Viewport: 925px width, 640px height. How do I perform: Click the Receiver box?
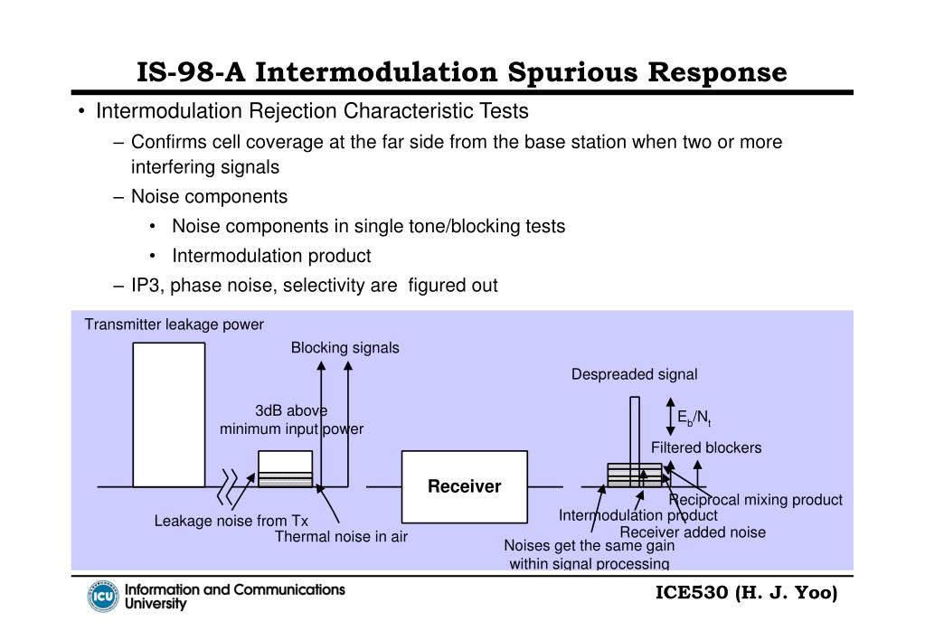coord(464,487)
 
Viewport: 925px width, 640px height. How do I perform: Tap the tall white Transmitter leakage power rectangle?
coord(168,416)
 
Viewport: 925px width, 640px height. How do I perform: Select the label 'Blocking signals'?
coord(345,348)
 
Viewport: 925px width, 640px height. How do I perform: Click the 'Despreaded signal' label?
coord(634,374)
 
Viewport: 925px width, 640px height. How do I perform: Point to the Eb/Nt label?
coord(694,418)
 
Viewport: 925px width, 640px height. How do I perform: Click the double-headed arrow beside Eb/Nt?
coord(669,417)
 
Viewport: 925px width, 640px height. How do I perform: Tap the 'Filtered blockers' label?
coord(706,447)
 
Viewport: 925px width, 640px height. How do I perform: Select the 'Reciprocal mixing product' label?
coord(755,500)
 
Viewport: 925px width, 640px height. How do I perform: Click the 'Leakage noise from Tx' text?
coord(231,521)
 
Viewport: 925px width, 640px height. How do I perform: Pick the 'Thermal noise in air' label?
coord(341,537)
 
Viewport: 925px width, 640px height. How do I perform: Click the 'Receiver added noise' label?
coord(693,532)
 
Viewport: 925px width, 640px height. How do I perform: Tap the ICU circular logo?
coord(103,597)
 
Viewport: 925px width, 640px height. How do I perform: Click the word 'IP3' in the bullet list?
coord(145,286)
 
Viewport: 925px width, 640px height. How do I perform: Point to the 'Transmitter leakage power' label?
coord(175,325)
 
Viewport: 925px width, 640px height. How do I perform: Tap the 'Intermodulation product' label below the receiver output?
coord(637,515)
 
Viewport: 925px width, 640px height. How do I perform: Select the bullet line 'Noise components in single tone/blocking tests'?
coord(369,226)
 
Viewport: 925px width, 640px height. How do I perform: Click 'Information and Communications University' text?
coord(234,596)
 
